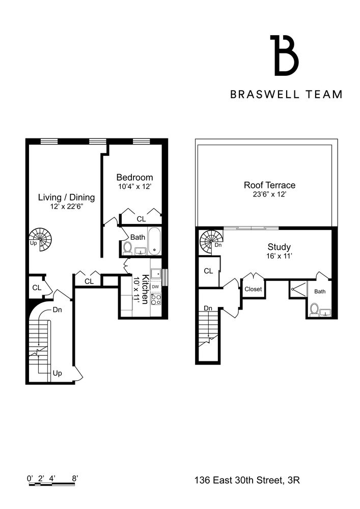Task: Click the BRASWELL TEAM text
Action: coord(286,94)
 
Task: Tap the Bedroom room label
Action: coord(134,177)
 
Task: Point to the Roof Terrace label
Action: coord(269,185)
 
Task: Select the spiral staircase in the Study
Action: coord(210,241)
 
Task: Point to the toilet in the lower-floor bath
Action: coord(127,248)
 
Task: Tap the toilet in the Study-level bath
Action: coord(314,309)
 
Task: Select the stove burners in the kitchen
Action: coord(156,299)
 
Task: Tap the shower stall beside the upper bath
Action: coord(297,289)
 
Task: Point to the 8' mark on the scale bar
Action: coord(75,478)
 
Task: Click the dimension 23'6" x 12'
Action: coord(269,194)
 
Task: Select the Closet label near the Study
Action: coord(253,289)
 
